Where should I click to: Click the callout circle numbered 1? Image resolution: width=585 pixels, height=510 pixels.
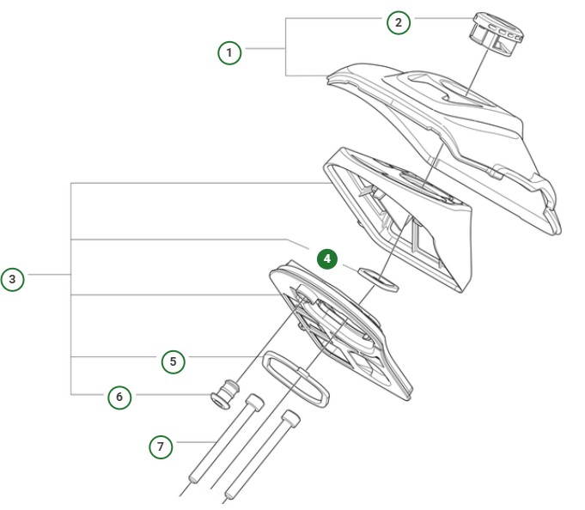pos(229,52)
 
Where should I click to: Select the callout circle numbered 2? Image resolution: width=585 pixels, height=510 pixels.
pos(398,22)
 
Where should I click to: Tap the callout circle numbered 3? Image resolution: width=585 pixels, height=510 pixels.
pos(12,279)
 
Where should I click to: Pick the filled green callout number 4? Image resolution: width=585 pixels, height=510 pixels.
pos(327,258)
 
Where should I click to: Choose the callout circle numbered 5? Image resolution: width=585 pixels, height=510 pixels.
pos(173,361)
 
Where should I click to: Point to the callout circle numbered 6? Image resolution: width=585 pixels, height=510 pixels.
pos(119,397)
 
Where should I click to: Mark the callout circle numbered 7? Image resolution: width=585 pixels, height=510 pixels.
pos(160,446)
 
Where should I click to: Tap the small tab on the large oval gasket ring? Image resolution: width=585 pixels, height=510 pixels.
pos(302,367)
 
